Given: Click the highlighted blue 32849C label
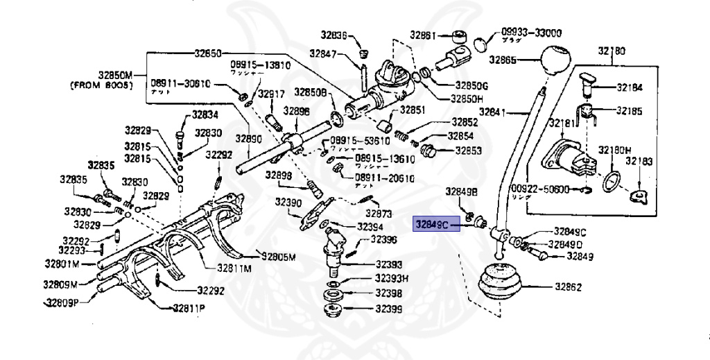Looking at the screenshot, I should point(432,224).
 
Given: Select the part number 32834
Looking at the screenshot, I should point(205,115).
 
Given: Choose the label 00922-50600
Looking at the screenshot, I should point(539,189).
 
